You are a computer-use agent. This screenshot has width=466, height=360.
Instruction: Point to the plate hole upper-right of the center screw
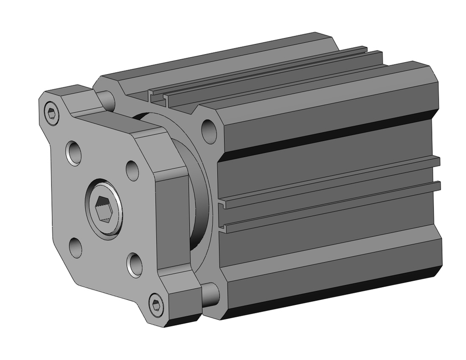132,171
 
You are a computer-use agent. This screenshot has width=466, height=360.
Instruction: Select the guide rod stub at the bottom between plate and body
211,293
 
